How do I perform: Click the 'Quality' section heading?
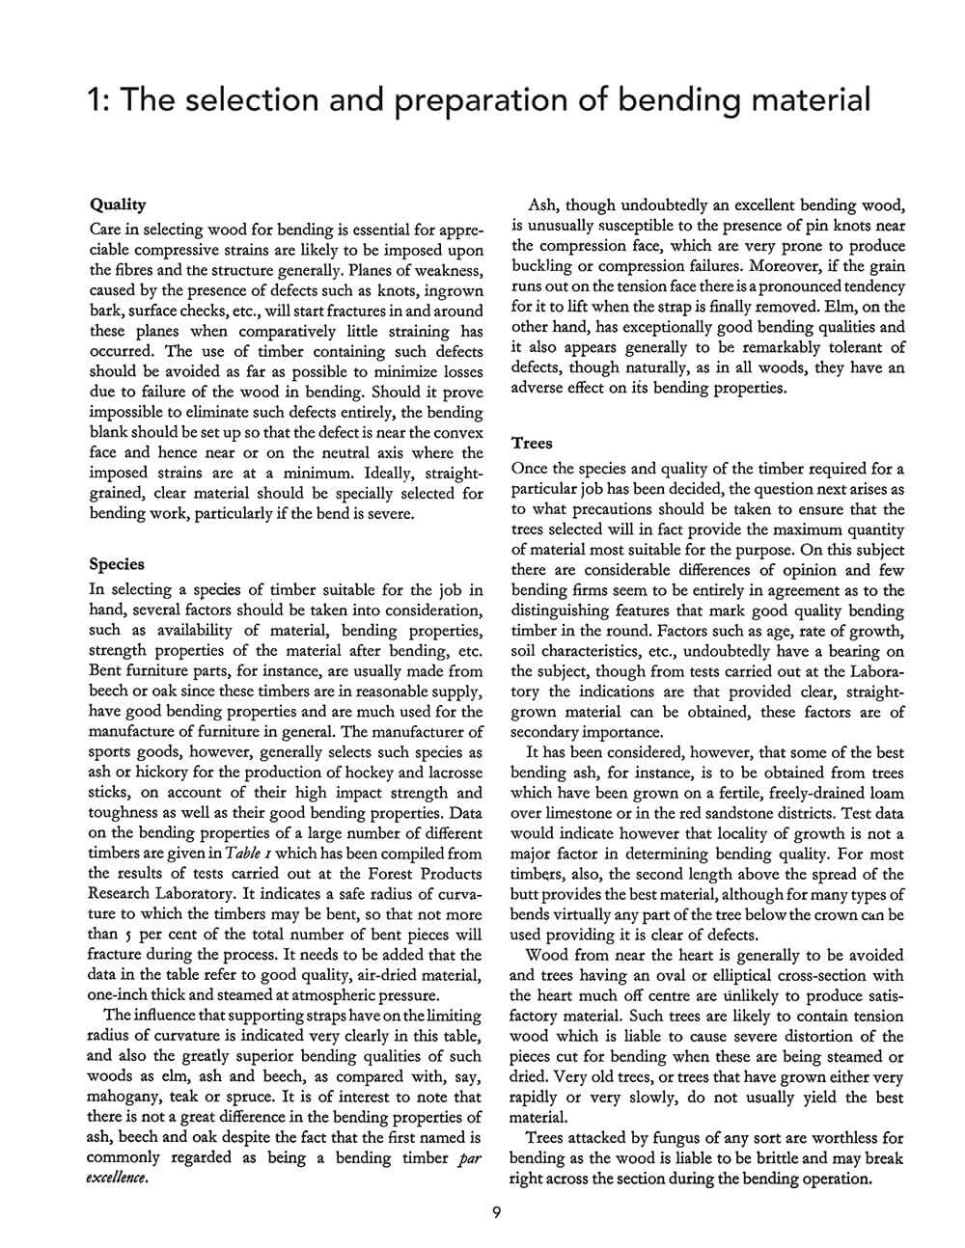[x=117, y=204]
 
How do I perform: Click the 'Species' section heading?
[x=116, y=564]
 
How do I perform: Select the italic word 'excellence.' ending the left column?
[x=118, y=1179]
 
